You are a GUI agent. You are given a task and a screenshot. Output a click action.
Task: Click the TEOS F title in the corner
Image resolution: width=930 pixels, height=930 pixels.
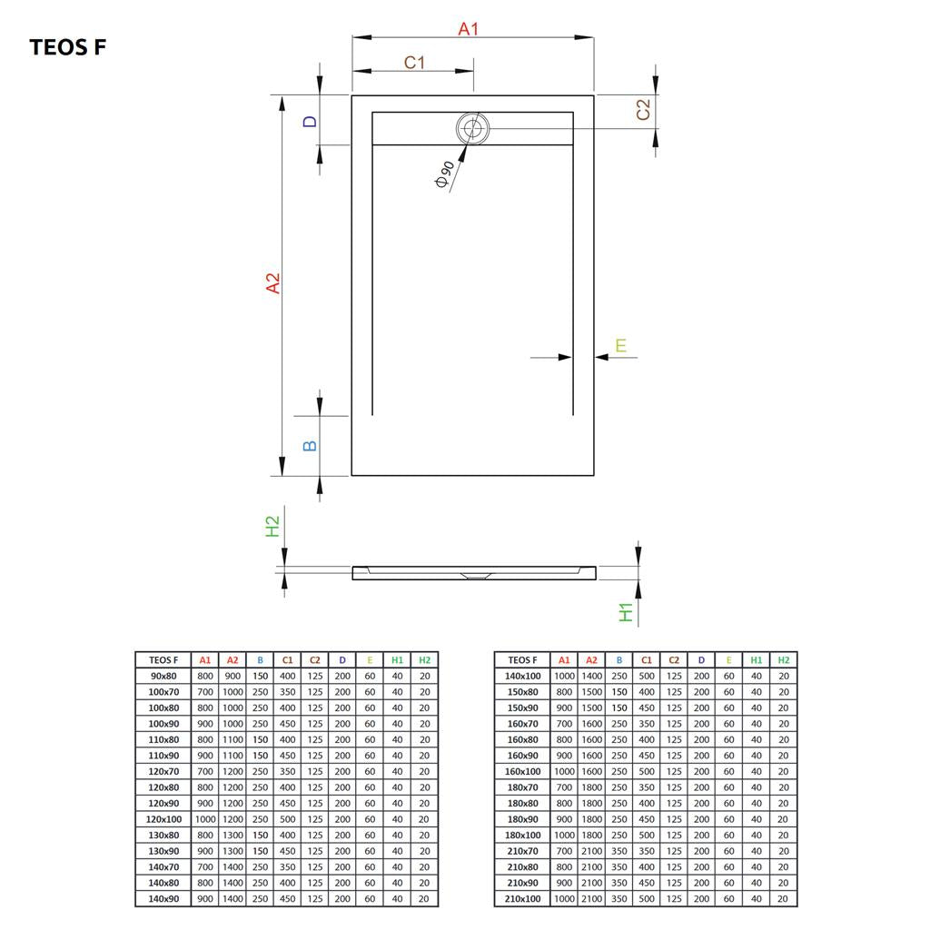click(67, 47)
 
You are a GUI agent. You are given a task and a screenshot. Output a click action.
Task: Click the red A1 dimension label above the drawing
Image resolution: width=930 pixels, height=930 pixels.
click(468, 28)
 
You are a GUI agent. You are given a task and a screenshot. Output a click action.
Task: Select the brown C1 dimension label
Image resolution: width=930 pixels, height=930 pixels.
click(414, 63)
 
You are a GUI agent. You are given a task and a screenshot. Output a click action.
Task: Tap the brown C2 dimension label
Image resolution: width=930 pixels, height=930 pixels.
click(643, 110)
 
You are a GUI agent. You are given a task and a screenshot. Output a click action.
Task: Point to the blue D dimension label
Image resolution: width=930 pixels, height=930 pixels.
click(311, 122)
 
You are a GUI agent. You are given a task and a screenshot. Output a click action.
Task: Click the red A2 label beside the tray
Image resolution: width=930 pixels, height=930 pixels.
click(272, 283)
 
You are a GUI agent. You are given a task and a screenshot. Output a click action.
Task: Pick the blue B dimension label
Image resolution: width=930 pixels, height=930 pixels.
click(310, 446)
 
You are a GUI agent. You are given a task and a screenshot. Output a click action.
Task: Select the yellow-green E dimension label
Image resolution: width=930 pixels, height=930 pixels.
click(620, 345)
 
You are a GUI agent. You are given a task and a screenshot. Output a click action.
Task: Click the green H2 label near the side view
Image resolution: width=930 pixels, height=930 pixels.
click(272, 526)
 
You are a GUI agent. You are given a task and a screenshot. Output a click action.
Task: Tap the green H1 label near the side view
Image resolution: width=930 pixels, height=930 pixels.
click(626, 612)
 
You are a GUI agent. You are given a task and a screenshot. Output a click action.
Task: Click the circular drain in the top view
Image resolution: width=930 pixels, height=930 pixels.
click(472, 128)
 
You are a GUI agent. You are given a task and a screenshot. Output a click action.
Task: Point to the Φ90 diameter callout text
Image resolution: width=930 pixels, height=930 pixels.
click(444, 174)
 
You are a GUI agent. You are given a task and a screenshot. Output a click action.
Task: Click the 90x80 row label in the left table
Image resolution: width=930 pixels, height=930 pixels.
click(163, 676)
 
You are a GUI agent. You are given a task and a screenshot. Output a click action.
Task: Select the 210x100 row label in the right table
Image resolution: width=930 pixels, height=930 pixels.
click(522, 898)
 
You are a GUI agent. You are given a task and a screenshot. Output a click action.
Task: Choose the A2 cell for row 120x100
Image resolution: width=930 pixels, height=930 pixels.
click(232, 819)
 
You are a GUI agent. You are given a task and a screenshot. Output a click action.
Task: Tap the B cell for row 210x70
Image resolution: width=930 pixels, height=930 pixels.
click(619, 851)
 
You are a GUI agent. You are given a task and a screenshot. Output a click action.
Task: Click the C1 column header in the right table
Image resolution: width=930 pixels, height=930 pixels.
click(647, 660)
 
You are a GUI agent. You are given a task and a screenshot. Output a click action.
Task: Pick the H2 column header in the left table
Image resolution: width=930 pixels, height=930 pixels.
click(425, 660)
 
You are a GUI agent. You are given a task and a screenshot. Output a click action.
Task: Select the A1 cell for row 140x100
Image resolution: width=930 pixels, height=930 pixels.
click(564, 676)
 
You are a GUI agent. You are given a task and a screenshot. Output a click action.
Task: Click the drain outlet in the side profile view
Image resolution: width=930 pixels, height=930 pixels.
click(474, 575)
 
